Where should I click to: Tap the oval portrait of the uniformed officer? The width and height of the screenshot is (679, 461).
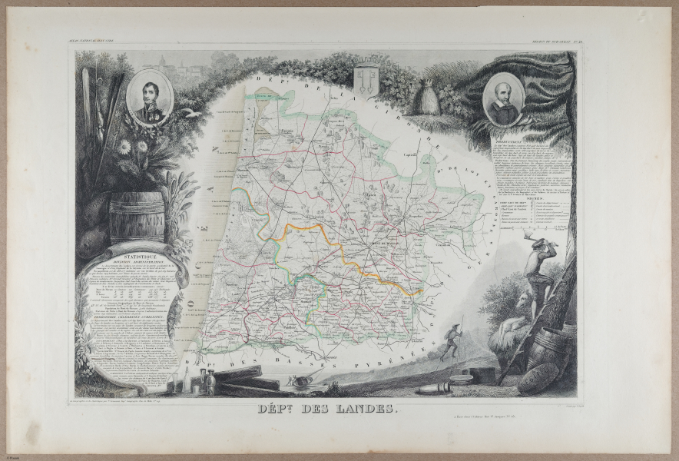(x=151, y=97)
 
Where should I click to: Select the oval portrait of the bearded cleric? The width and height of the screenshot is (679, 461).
(x=505, y=101)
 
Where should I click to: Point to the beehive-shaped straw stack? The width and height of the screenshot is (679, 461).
(x=426, y=97)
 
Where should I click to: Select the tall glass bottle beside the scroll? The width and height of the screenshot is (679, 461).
(x=190, y=380)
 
